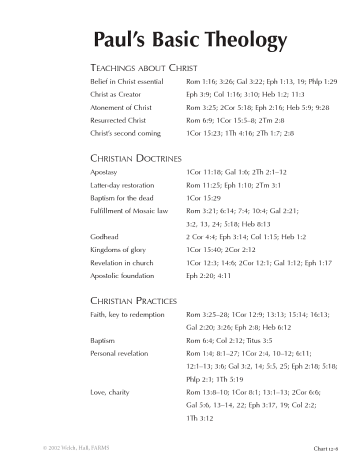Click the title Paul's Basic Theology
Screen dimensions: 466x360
(190, 40)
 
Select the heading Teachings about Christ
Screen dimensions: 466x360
(143, 68)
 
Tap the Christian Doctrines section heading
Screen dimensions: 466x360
(135, 158)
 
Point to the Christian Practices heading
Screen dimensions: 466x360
(133, 301)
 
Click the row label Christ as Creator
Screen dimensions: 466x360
(115, 94)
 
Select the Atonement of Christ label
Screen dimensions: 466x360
(120, 107)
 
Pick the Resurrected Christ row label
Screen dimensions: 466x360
(118, 120)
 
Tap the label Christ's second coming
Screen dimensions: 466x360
(125, 133)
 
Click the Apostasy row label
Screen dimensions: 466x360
(103, 172)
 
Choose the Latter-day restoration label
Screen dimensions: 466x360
(122, 185)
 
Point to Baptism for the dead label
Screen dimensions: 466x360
(121, 198)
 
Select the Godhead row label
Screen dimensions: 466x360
(104, 237)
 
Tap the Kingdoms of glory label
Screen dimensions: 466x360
(118, 250)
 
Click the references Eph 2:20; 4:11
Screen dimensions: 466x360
(208, 276)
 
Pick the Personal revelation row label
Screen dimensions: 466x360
(119, 353)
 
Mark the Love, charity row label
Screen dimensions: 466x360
(109, 392)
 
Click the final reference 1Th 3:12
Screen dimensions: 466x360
(199, 418)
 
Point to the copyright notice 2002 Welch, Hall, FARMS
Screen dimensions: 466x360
(76, 448)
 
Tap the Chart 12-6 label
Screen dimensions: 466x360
(326, 448)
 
